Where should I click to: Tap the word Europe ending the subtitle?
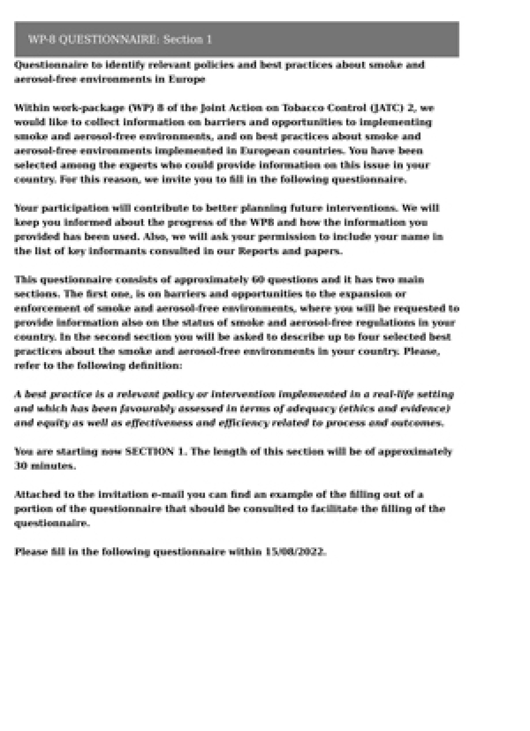point(187,79)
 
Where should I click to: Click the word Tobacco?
point(303,108)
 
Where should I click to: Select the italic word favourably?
point(147,409)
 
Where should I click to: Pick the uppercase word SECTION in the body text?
point(150,452)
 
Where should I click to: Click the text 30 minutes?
point(45,466)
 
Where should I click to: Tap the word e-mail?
point(167,495)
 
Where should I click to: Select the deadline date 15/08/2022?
point(295,552)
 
